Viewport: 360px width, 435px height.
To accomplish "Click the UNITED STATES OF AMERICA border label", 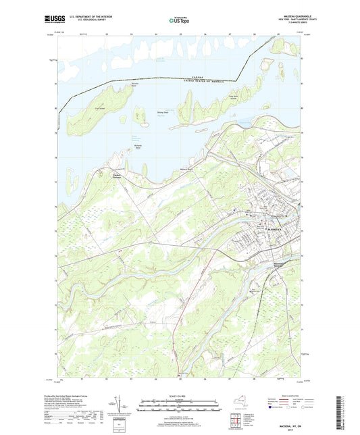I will tap(203, 82).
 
